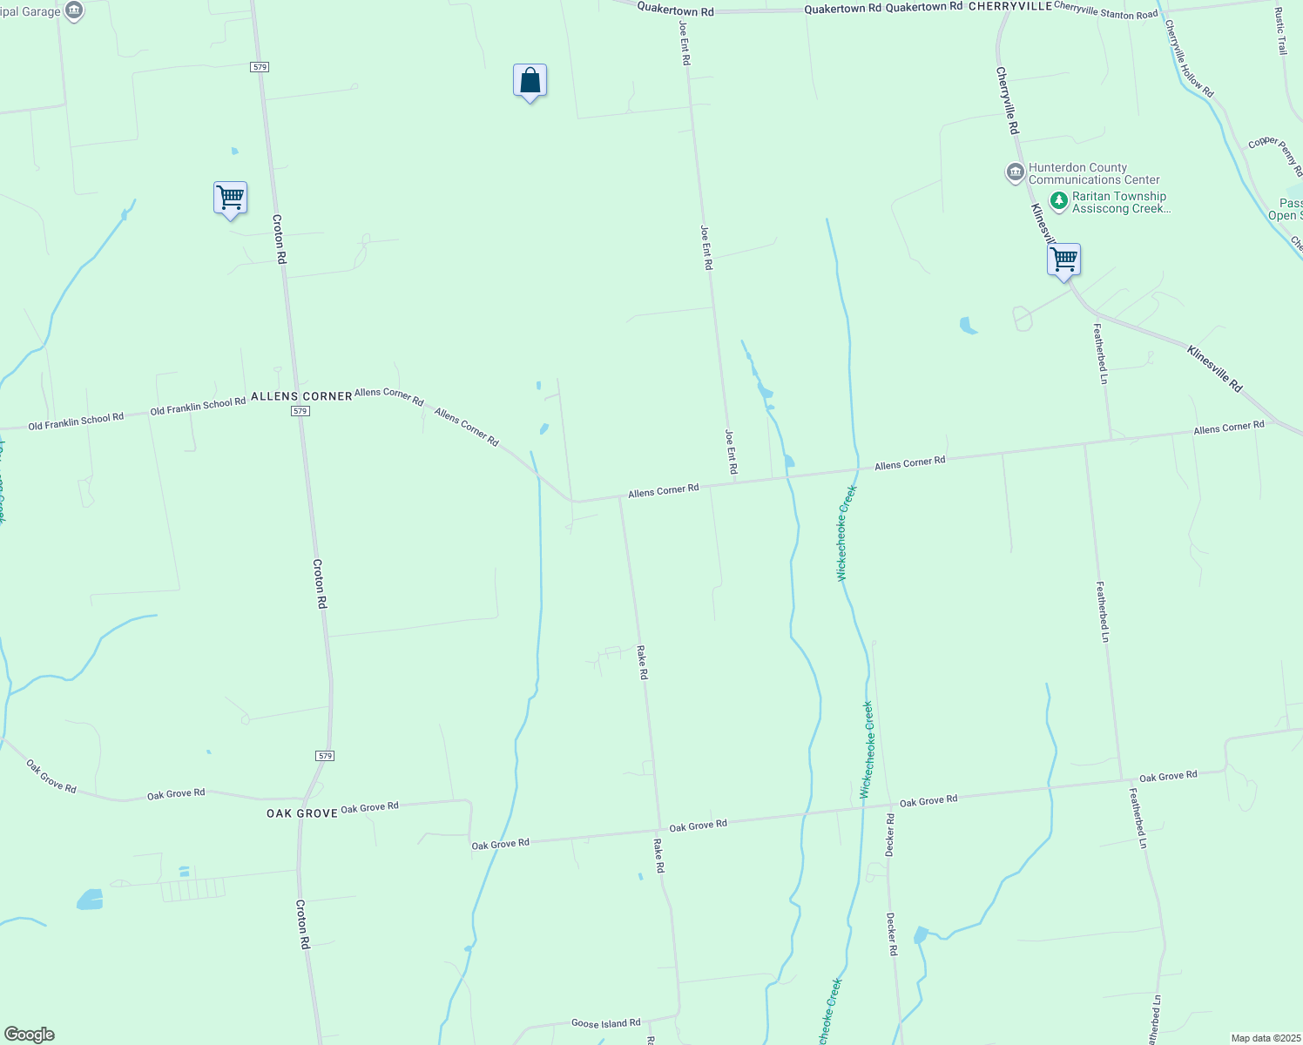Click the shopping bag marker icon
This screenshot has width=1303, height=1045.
click(x=530, y=81)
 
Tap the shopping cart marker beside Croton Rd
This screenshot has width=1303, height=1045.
click(x=230, y=198)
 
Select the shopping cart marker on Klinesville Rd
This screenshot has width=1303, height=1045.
click(x=1063, y=260)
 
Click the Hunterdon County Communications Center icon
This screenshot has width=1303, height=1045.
click(x=1015, y=172)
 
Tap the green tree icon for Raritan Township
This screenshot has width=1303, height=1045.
click(x=1058, y=202)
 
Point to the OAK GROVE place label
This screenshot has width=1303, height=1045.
click(x=301, y=813)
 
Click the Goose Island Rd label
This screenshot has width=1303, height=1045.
click(x=605, y=1023)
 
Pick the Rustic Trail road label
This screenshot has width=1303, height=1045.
click(x=1280, y=31)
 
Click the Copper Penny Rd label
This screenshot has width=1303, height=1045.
click(x=1275, y=153)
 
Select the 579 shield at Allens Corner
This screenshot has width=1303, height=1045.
click(x=300, y=410)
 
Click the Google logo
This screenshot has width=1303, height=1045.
click(x=29, y=1035)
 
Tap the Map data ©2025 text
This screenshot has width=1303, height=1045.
click(x=1265, y=1038)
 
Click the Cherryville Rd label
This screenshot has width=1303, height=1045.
click(x=1007, y=101)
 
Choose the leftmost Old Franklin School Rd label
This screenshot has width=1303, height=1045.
click(x=76, y=421)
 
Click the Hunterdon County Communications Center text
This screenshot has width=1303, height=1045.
click(x=1094, y=173)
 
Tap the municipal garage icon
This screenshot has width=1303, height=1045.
click(x=75, y=11)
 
